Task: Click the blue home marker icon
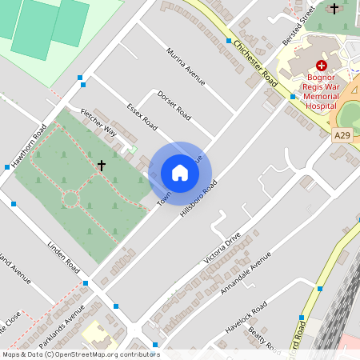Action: tap(180, 173)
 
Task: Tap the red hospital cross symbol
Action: tap(322, 66)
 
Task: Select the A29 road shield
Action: tap(342, 136)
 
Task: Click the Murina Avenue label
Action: tap(186, 66)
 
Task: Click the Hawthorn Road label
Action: tap(30, 143)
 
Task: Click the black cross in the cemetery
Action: tap(102, 166)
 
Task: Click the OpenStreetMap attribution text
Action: tap(80, 354)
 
